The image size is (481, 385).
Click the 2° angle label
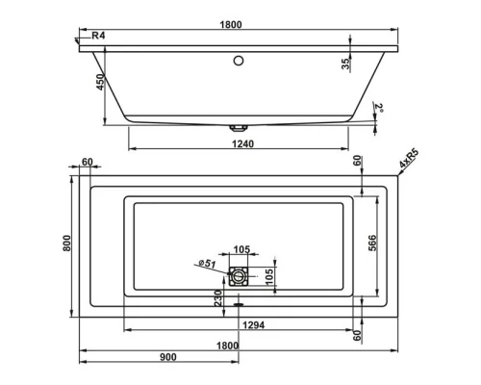[x=379, y=108]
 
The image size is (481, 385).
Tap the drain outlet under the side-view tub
[x=238, y=126]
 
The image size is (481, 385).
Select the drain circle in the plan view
[x=238, y=278]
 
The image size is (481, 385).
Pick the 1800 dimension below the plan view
[x=228, y=343]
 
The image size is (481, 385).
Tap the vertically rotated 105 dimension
[x=270, y=277]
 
